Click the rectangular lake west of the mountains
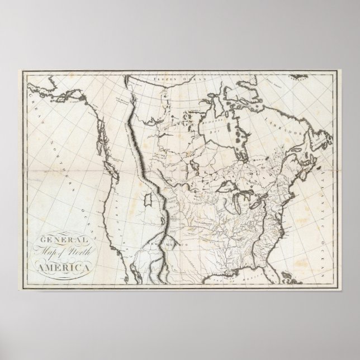[x=148, y=198]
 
